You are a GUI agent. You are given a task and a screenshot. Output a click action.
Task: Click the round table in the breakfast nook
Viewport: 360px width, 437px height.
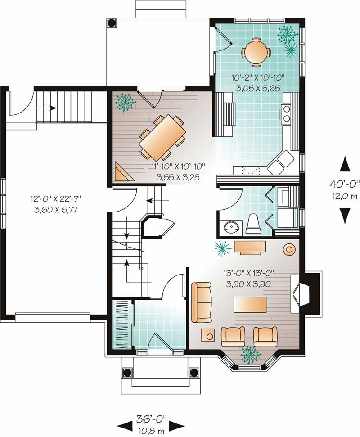tap(256, 50)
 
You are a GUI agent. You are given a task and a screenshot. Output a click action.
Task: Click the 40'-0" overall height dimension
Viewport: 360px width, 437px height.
tap(344, 183)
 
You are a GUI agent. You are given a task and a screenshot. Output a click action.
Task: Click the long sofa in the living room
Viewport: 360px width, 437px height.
tap(201, 302)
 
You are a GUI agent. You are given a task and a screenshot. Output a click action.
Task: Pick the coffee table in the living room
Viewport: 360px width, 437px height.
tap(249, 305)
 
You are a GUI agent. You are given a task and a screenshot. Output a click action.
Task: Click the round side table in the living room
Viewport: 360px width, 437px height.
tap(288, 249)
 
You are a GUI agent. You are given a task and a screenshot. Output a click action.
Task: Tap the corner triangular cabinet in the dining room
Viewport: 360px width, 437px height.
tap(122, 173)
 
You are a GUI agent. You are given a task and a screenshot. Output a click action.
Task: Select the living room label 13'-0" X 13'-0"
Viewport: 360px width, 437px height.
tap(249, 272)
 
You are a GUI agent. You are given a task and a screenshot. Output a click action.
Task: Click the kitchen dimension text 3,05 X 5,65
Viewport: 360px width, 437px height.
tap(256, 88)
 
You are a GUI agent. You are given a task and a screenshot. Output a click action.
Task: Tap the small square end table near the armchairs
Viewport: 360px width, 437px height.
tap(208, 335)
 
